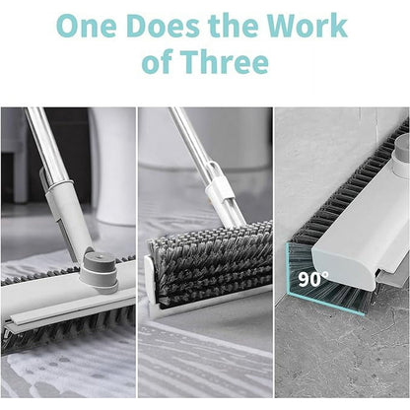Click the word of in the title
(x=161, y=63)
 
